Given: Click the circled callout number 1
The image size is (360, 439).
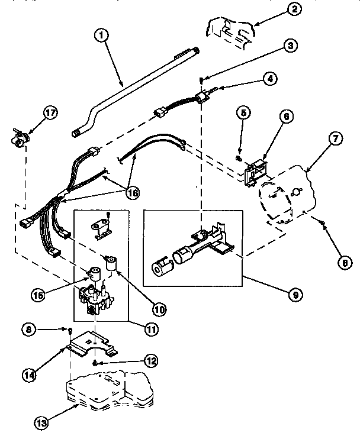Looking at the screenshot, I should (102, 35).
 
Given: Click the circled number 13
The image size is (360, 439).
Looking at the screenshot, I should (42, 422).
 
